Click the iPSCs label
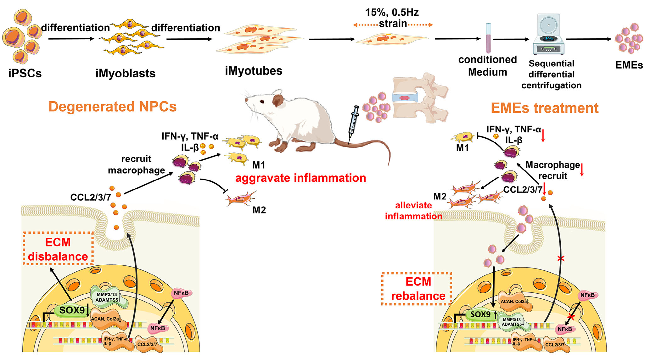coord(25,73)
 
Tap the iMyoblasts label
coord(125,73)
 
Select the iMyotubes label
coord(253,71)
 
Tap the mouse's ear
coord(278,100)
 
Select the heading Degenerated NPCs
coord(112,107)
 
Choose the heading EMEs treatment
coord(544,108)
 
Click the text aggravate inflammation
coord(300,178)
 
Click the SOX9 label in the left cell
coord(72,310)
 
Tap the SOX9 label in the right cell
coord(480,314)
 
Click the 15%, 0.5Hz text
coord(392,13)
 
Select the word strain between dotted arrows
coord(393,24)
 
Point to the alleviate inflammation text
coord(413,211)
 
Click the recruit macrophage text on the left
coord(136,164)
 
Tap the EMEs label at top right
coord(629,65)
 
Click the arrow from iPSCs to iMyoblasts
coord(71,39)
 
